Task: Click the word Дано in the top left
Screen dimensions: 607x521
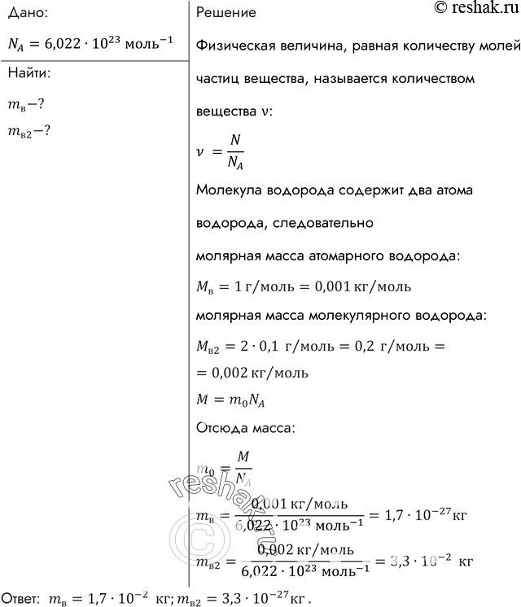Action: [25, 14]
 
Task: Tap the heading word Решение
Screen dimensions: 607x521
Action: [227, 14]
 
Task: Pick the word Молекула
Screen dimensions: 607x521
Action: [230, 190]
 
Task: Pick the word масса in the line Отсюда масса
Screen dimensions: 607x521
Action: [282, 427]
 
